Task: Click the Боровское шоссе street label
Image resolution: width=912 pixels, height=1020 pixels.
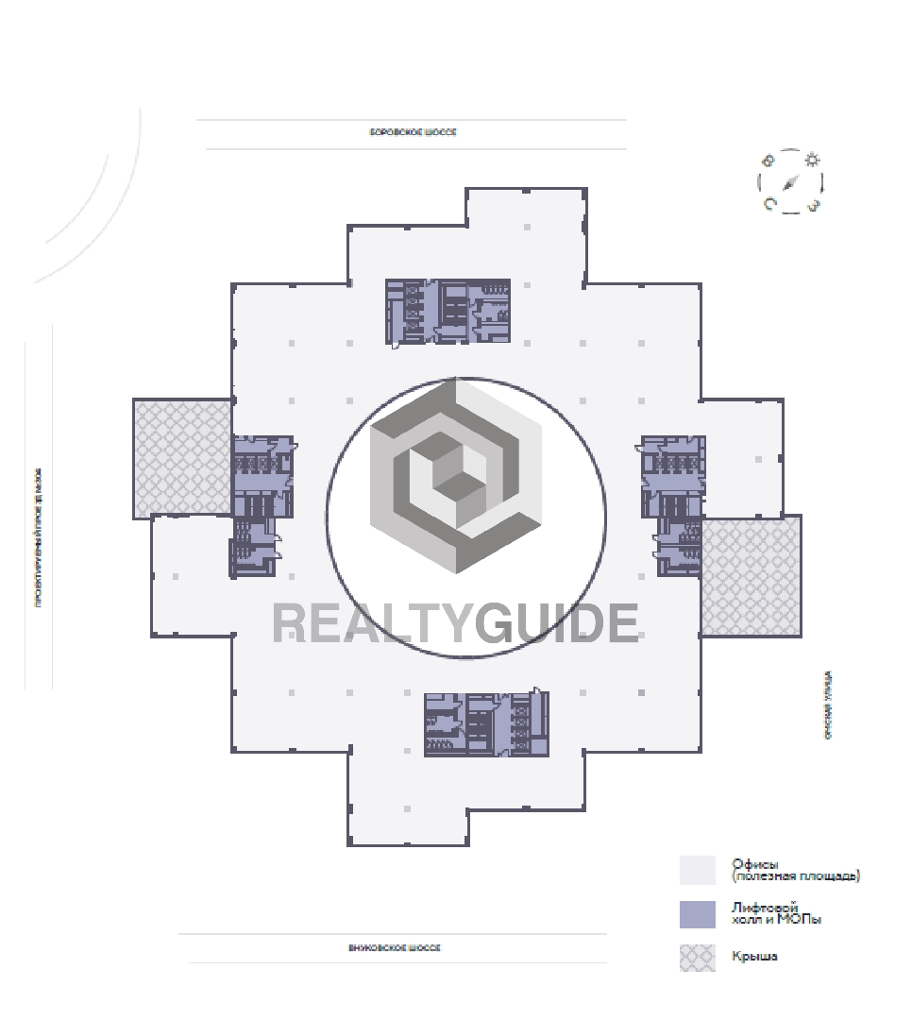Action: pyautogui.click(x=413, y=132)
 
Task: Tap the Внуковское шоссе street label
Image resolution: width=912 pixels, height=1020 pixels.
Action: pyautogui.click(x=395, y=947)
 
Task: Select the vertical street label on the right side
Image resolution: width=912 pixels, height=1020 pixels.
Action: pyautogui.click(x=828, y=705)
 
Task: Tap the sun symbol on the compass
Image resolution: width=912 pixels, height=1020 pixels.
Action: pyautogui.click(x=812, y=160)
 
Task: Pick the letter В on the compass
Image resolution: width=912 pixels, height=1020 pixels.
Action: pyautogui.click(x=769, y=161)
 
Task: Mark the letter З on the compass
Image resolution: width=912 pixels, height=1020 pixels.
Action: pyautogui.click(x=813, y=204)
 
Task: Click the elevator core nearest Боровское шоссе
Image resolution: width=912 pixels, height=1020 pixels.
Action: pyautogui.click(x=448, y=311)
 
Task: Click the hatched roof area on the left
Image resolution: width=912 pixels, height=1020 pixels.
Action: pyautogui.click(x=182, y=458)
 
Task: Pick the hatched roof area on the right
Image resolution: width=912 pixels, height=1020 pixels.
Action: pyautogui.click(x=752, y=575)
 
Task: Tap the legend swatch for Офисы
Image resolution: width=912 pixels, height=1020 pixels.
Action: pyautogui.click(x=698, y=870)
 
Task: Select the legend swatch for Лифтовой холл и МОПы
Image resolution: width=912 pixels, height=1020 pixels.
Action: pyautogui.click(x=698, y=914)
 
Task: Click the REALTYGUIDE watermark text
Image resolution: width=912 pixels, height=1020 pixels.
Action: pyautogui.click(x=455, y=623)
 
